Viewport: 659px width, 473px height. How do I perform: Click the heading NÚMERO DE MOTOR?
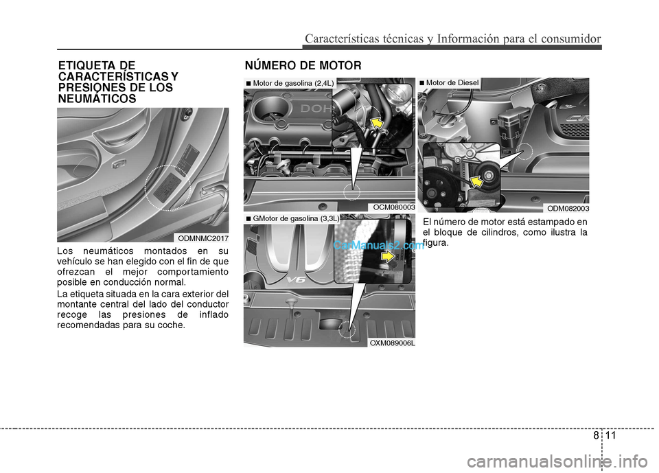tap(303, 66)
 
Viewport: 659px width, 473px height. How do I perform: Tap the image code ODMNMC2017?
tap(203, 238)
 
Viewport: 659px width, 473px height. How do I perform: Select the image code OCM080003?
tap(394, 207)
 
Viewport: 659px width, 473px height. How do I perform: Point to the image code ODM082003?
tap(568, 209)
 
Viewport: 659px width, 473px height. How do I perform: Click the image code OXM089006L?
tap(392, 343)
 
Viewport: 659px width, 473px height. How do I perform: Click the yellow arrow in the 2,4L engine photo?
tap(378, 123)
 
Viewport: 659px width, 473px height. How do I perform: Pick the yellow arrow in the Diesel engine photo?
tap(476, 181)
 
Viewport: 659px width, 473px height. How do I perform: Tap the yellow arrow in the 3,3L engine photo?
tap(388, 257)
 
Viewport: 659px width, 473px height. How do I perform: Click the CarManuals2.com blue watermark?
tap(379, 245)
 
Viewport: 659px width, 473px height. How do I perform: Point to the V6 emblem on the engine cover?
tap(296, 280)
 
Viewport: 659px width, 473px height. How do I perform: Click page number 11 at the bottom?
tap(611, 435)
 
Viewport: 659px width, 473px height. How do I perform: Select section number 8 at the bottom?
tap(596, 435)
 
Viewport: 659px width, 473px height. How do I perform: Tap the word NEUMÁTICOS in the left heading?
tap(97, 99)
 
